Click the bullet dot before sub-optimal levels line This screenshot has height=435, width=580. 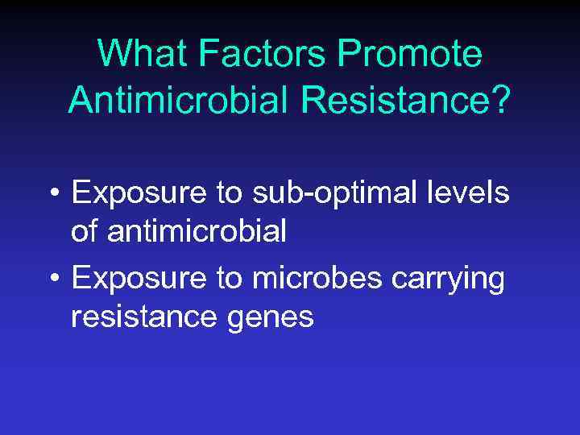(x=53, y=195)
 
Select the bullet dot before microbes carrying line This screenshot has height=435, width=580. (x=53, y=279)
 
